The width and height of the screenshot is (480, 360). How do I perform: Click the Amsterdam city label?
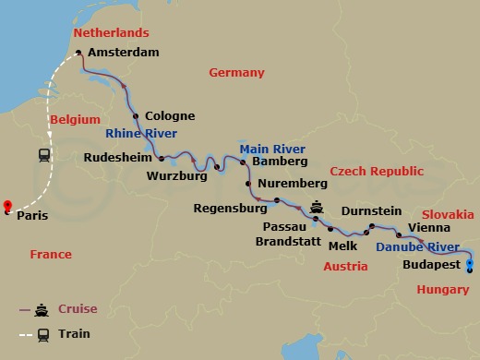pos(123,54)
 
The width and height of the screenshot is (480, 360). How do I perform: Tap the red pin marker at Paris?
pos(6,206)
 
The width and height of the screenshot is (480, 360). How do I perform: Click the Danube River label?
pos(417,246)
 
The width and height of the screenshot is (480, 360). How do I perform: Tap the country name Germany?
pos(236,72)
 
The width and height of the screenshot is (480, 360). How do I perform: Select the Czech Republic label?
pos(377,172)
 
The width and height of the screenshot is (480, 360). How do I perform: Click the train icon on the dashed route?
pos(44,155)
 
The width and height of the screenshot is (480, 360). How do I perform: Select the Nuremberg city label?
pos(288,183)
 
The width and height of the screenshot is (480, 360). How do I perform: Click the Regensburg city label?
pos(230,209)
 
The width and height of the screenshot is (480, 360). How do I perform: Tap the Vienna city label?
pos(429,226)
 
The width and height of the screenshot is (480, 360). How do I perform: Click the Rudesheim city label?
pos(119,158)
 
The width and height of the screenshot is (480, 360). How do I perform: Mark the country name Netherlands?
pos(110,33)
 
